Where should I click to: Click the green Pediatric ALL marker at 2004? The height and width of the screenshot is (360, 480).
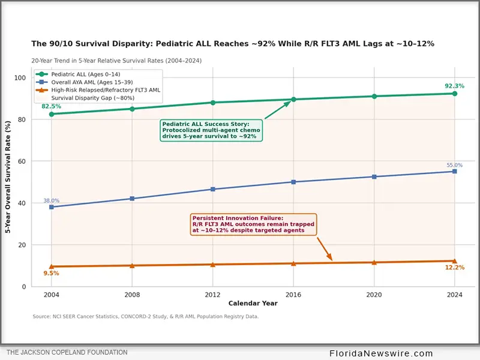[52, 114]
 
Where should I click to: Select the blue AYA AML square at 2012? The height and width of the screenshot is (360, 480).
[213, 189]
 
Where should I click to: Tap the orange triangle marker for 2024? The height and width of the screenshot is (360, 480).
[455, 261]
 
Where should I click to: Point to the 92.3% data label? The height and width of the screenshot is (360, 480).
[455, 86]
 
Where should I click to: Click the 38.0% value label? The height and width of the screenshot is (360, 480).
[52, 200]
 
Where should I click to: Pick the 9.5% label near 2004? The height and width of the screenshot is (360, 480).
[51, 273]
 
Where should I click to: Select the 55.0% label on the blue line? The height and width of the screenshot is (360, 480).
[455, 165]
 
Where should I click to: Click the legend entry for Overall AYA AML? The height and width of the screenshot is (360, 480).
[84, 82]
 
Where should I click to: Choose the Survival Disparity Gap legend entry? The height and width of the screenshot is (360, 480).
[85, 98]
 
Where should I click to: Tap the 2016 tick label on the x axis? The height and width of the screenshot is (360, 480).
[293, 295]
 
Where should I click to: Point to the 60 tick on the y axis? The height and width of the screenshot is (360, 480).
[22, 161]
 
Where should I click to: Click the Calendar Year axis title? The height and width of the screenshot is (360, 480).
[253, 303]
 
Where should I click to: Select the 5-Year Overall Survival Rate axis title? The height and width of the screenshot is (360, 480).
[8, 177]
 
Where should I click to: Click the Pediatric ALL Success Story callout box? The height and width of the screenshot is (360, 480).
[211, 130]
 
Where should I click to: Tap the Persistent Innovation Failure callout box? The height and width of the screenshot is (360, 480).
[253, 224]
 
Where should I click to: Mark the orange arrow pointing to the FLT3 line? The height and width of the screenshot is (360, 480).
[325, 249]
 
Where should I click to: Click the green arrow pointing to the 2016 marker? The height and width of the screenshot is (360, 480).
[278, 110]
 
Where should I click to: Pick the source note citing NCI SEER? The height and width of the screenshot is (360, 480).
[146, 316]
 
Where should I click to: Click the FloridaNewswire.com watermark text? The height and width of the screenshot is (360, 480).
[381, 353]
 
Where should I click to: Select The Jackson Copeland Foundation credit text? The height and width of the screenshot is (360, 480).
[67, 352]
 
